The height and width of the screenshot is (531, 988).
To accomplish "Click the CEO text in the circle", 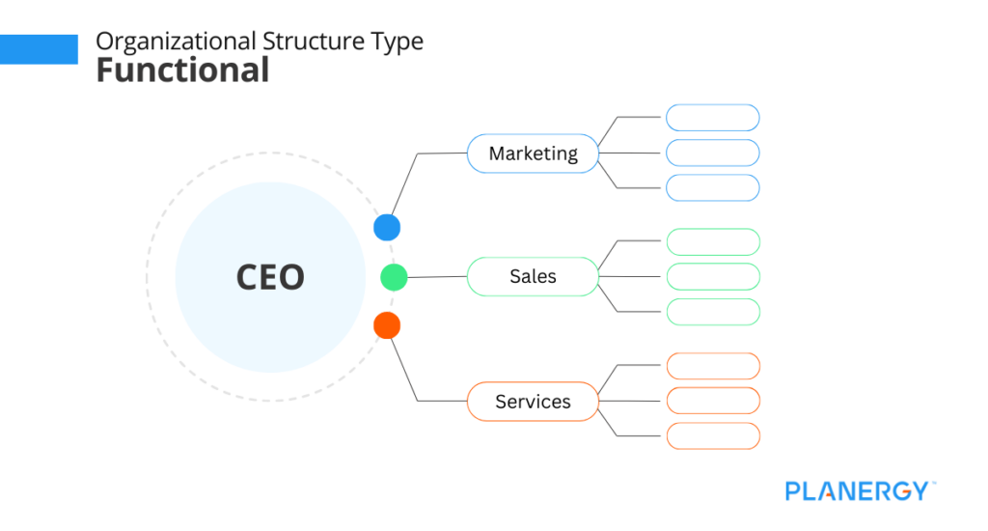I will [x=270, y=277].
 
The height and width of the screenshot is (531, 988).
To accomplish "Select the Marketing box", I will [x=533, y=154].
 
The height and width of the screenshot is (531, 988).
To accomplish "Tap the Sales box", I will [x=533, y=277].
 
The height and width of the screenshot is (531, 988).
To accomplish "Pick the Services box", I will [x=533, y=402].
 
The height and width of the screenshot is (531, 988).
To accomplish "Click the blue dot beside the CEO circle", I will [x=387, y=228].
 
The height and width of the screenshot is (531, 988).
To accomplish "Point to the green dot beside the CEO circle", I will [x=394, y=277].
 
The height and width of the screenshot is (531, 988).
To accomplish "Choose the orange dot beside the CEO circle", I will [x=387, y=325].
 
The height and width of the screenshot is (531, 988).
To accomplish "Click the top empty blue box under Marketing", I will [x=713, y=118].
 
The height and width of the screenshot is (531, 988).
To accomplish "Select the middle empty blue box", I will [x=713, y=153].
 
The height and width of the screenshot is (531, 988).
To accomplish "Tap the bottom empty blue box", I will [x=713, y=187].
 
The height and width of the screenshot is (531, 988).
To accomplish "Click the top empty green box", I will [x=713, y=242].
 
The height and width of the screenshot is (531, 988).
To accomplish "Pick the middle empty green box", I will [x=713, y=277].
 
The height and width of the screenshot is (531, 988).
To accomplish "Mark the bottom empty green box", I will [x=713, y=312].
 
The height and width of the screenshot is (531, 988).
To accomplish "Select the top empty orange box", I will [x=713, y=366].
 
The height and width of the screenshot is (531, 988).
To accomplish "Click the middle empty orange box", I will [x=713, y=401].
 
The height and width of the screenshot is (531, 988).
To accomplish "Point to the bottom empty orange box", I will [x=713, y=435].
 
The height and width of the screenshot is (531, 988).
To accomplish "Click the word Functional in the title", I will [x=182, y=70].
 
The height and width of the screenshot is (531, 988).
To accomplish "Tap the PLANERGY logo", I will [x=859, y=490].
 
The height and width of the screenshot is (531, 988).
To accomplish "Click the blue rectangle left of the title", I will [x=39, y=49].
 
